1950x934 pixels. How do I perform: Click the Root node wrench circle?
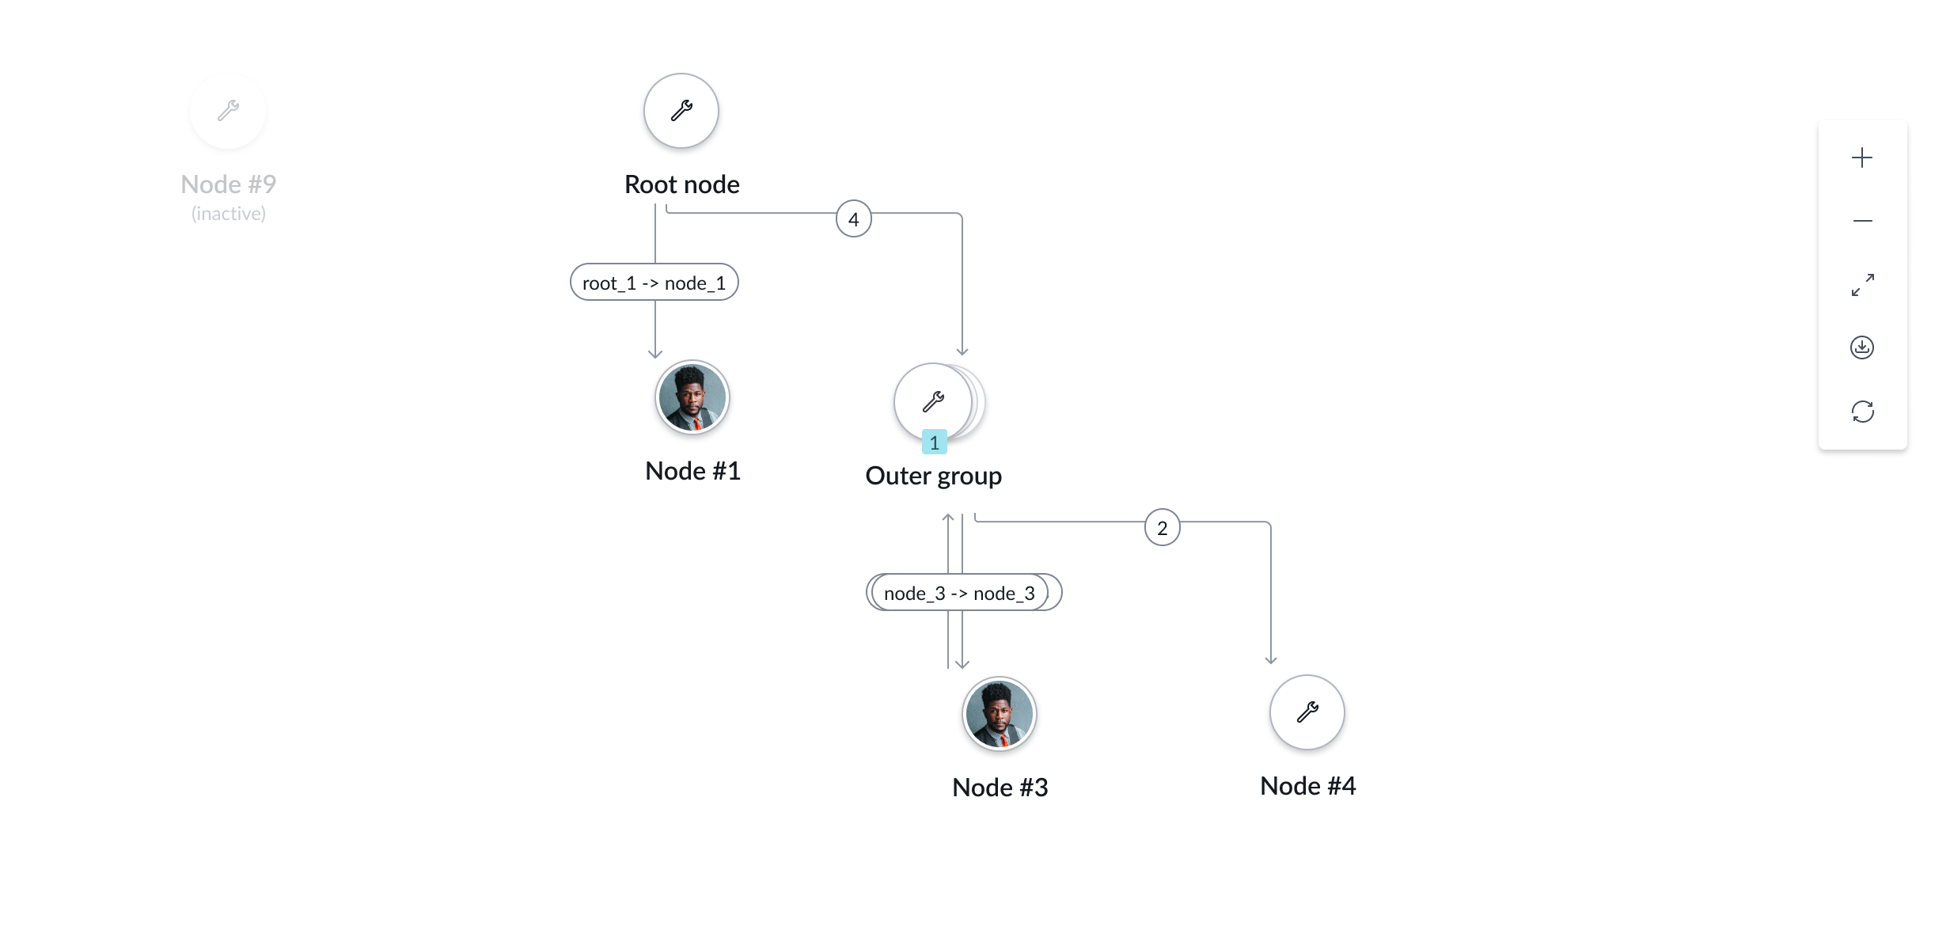click(x=681, y=111)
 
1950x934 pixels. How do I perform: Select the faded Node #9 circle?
click(x=228, y=111)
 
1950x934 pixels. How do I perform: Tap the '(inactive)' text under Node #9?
click(x=228, y=214)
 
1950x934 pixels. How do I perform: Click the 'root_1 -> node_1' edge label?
click(x=654, y=283)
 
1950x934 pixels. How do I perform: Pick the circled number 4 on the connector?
click(x=853, y=219)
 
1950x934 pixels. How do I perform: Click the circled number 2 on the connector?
click(x=1162, y=528)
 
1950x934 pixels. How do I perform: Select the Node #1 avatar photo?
click(x=692, y=397)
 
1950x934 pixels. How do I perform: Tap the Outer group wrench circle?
click(x=933, y=401)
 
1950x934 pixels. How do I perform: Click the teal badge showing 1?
click(x=934, y=442)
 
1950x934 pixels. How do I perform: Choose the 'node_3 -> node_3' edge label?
click(x=959, y=593)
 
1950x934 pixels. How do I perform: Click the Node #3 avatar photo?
click(x=999, y=713)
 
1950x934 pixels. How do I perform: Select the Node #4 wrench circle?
click(x=1307, y=712)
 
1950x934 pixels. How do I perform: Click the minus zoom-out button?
click(x=1862, y=221)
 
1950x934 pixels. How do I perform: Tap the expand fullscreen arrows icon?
click(x=1862, y=284)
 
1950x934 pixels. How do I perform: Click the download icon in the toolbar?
click(x=1862, y=347)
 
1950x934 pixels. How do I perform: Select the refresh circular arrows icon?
click(x=1862, y=412)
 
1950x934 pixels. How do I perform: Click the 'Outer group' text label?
click(x=933, y=476)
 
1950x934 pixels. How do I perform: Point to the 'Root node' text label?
click(x=681, y=184)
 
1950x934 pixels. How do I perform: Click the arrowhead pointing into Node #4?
click(x=1270, y=659)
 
